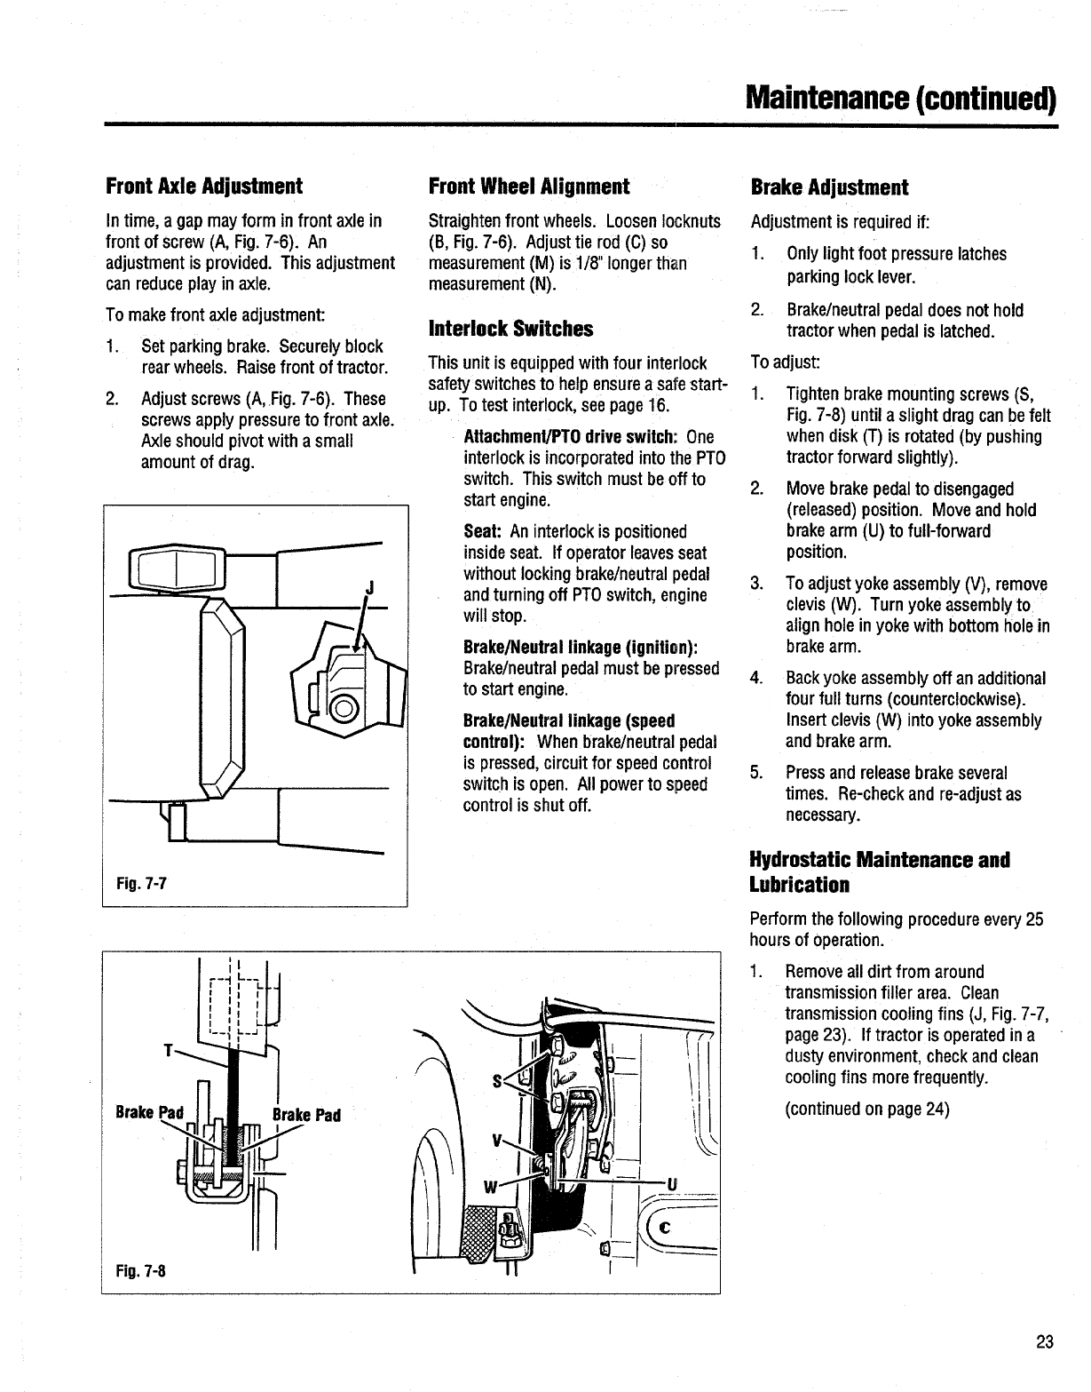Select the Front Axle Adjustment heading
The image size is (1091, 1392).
[203, 187]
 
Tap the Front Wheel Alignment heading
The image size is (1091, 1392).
[528, 187]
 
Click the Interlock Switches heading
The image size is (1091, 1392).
[510, 329]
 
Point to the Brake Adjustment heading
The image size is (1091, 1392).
[829, 187]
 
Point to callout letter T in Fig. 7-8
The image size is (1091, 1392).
[167, 1051]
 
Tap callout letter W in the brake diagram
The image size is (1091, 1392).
[489, 1187]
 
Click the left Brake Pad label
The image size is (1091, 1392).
[148, 1112]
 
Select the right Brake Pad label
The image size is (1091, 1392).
[306, 1115]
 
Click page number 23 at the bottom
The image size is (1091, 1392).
[1044, 1341]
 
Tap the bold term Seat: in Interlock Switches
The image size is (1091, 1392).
[484, 531]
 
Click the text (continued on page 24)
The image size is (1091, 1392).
[867, 1109]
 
